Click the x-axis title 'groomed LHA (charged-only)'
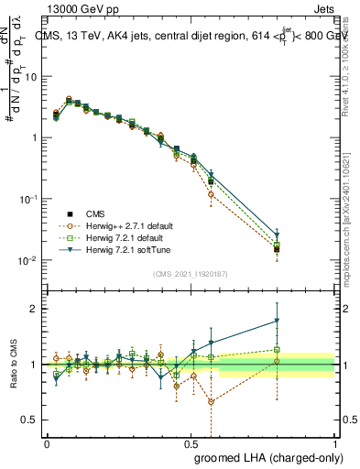264,455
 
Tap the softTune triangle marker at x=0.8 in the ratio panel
277,321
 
